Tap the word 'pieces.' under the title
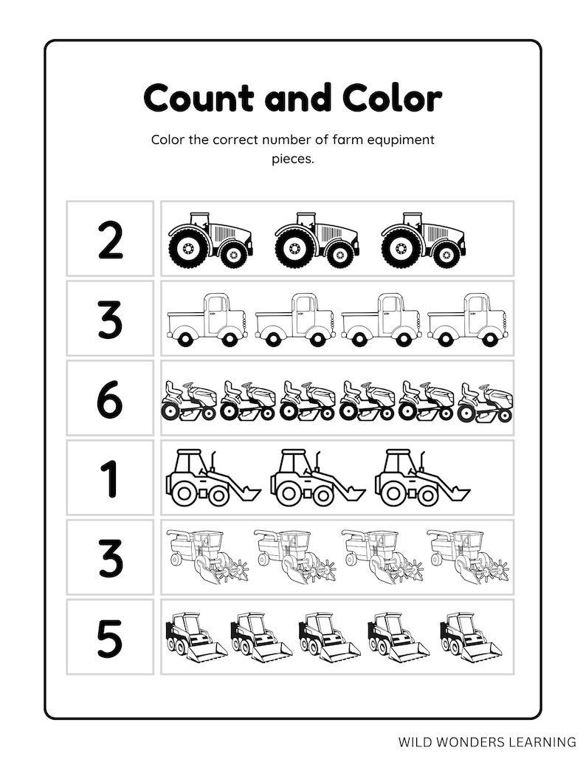coord(293,158)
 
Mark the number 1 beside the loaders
coord(110,478)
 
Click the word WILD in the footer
coord(416,741)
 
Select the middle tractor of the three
coord(317,240)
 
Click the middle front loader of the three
coord(317,478)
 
